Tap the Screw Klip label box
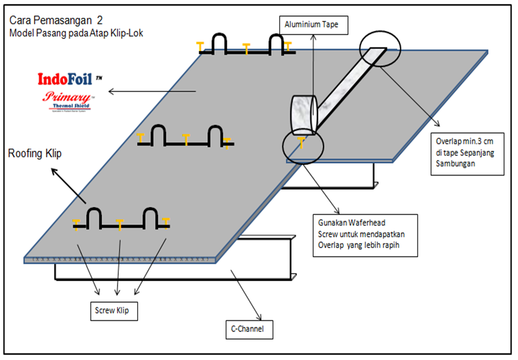(114, 310)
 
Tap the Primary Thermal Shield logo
(68, 100)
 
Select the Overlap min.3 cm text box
(467, 153)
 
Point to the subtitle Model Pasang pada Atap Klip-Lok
(76, 34)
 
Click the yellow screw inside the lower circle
(302, 142)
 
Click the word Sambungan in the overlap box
(453, 164)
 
